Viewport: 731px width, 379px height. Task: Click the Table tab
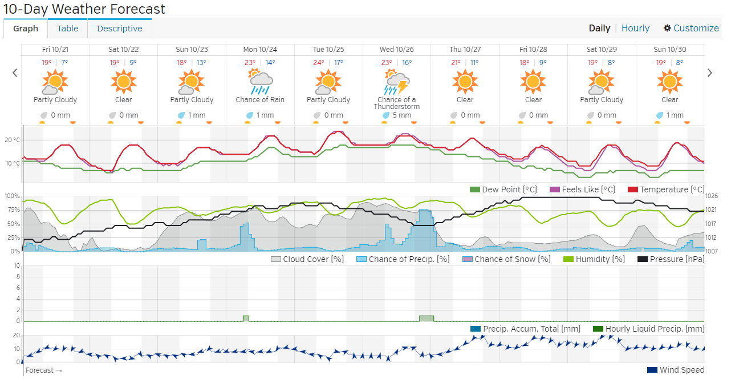point(67,29)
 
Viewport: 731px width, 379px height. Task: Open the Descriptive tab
point(120,29)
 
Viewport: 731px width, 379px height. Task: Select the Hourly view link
point(635,28)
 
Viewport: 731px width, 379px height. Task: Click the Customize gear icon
point(667,28)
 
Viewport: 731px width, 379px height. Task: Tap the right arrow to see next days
point(710,72)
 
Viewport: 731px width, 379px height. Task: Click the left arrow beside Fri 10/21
point(15,72)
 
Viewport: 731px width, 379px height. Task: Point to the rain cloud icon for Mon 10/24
point(259,82)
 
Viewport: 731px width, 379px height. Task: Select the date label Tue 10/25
point(328,50)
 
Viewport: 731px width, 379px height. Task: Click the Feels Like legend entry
point(582,189)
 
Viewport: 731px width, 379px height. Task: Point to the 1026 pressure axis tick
point(712,196)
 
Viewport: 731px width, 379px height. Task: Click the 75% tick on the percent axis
point(13,209)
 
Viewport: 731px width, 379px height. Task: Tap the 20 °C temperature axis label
point(13,140)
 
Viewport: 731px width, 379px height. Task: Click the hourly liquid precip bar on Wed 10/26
point(426,318)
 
